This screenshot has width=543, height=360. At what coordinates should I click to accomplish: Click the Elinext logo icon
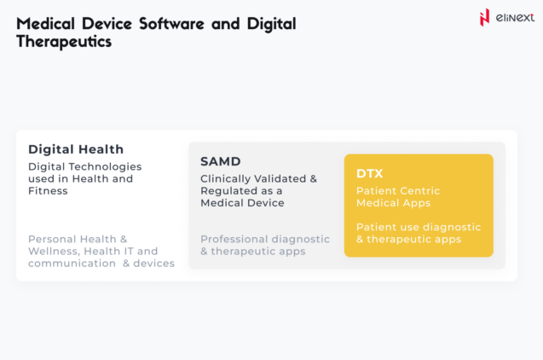point(485,16)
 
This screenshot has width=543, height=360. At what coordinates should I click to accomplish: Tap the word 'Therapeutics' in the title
point(64,41)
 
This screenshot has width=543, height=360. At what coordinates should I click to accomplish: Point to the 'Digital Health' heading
point(76,148)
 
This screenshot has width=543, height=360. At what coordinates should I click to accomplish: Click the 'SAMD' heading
point(221,160)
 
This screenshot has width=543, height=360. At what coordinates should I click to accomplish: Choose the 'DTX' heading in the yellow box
point(370,173)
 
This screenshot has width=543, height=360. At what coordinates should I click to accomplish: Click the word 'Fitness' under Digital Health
point(48,190)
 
